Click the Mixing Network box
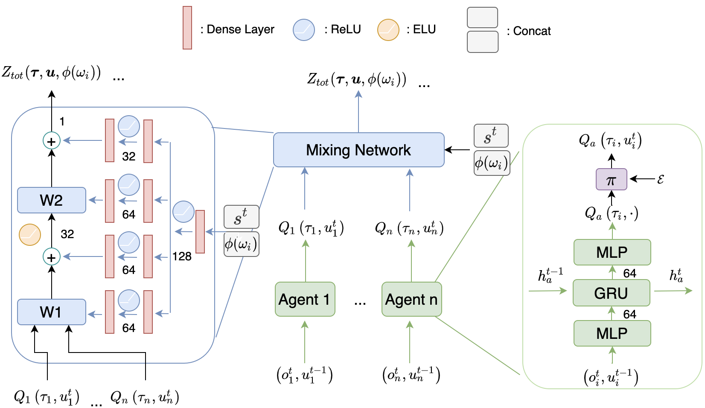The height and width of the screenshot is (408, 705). (x=358, y=150)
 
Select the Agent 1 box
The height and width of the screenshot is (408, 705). (x=305, y=299)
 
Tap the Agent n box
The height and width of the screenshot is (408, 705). (x=411, y=299)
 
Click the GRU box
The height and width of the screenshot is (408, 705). (x=611, y=293)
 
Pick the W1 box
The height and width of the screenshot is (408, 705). (x=51, y=312)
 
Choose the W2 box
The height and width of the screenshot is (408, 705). (x=51, y=200)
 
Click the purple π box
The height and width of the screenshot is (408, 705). (x=611, y=179)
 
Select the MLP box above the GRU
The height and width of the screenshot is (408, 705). (x=612, y=252)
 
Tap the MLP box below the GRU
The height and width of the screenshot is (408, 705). (x=612, y=333)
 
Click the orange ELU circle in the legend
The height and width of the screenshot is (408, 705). (x=388, y=30)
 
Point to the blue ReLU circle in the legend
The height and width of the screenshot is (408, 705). (x=303, y=30)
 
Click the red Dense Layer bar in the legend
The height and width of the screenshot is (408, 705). (x=187, y=28)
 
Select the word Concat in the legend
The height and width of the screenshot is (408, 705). (x=532, y=31)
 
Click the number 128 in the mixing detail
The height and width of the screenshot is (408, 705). (x=182, y=256)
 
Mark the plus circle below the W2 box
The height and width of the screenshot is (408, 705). (x=51, y=257)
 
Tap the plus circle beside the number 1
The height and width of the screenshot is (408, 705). (x=51, y=141)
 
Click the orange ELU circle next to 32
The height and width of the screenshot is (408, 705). (x=30, y=234)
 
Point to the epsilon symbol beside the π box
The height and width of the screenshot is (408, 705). (x=660, y=179)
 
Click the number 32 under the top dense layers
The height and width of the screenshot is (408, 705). (x=128, y=157)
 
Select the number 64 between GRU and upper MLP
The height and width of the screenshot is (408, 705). (x=629, y=274)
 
